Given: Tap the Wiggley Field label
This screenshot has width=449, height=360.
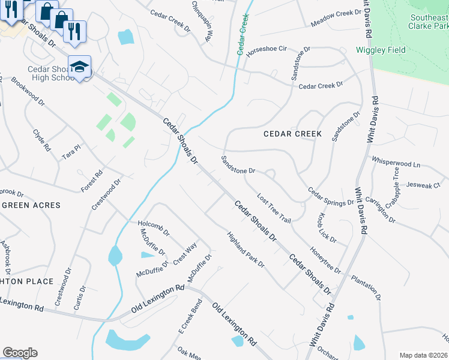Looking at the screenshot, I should tap(381, 50).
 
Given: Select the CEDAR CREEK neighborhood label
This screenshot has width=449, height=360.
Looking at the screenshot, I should tap(293, 134).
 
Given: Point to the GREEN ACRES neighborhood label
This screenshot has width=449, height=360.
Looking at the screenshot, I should tap(31, 205).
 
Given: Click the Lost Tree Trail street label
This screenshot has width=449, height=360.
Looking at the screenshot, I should tap(274, 208).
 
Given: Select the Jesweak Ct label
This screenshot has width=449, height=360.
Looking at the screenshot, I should tap(423, 186).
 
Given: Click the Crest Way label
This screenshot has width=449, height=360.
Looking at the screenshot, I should tap(185, 254).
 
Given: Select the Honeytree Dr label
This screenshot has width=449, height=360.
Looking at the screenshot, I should tap(325, 259).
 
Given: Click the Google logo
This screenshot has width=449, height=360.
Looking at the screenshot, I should tap(20, 353).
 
